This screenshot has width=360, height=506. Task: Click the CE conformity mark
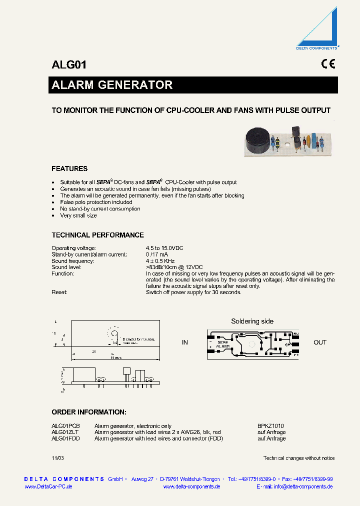[328, 64]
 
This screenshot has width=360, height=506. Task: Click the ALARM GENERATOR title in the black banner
[112, 85]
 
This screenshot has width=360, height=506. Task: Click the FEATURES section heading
[69, 168]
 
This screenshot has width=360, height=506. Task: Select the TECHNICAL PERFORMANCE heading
[97, 235]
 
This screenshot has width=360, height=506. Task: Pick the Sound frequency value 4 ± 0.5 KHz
[160, 261]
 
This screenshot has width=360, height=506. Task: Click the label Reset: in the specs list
[59, 292]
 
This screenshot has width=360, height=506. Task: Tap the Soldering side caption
[252, 321]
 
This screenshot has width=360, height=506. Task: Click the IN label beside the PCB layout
[185, 342]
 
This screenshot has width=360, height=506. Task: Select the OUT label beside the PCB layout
[320, 342]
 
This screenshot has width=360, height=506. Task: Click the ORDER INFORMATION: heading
[89, 412]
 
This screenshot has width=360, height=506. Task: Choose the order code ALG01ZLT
[65, 432]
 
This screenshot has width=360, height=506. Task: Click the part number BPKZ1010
[270, 426]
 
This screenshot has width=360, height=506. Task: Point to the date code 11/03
[58, 458]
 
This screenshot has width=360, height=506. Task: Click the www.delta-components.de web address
[192, 486]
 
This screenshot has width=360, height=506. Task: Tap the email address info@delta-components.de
[303, 486]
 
